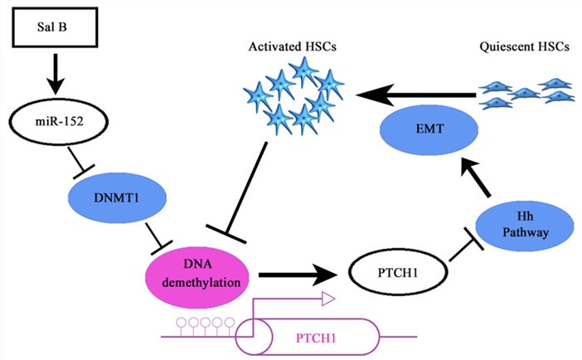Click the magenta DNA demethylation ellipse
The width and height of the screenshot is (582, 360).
coord(199,274)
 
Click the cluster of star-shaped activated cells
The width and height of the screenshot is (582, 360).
coord(294,96)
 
